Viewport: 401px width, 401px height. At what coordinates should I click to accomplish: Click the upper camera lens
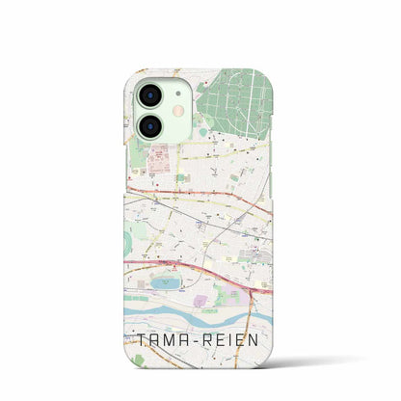click(149, 94)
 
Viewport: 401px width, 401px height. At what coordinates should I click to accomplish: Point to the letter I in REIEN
click(242, 339)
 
